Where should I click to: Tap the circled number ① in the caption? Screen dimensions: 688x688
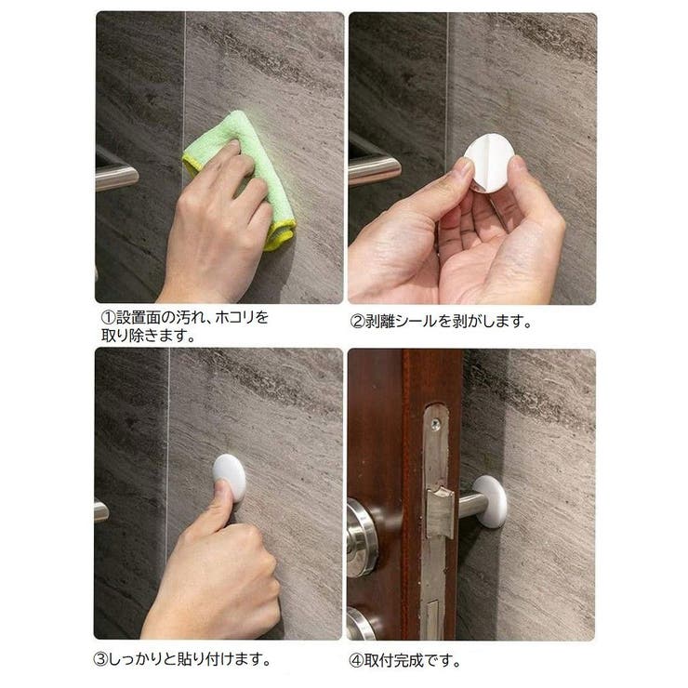[x=109, y=318]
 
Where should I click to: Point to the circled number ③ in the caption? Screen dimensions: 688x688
[x=103, y=661]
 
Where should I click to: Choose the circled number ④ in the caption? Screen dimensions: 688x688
[x=355, y=661]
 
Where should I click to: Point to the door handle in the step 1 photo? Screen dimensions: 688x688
[x=116, y=174]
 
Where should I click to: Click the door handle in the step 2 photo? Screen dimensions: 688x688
[x=374, y=168]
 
